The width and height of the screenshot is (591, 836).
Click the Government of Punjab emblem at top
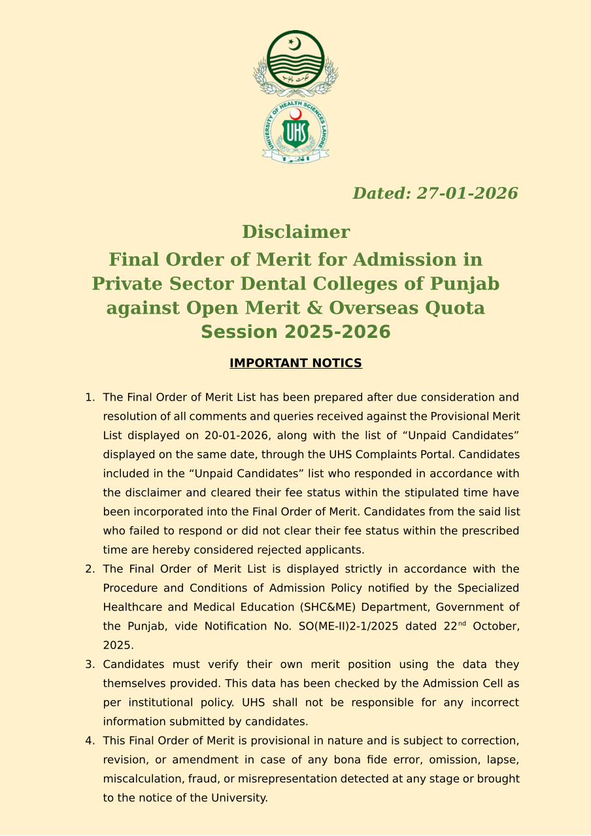click(295, 63)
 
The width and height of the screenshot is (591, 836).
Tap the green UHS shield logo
click(295, 133)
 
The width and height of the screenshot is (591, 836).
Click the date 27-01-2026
click(467, 193)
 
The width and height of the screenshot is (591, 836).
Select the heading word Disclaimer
click(295, 232)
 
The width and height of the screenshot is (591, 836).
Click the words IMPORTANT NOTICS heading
click(295, 363)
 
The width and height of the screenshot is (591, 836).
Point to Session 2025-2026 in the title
click(295, 332)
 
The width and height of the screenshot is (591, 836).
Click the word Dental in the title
click(280, 284)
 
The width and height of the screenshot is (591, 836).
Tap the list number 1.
click(89, 397)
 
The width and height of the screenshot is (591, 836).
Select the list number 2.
click(89, 569)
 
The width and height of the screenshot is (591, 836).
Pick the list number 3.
click(89, 665)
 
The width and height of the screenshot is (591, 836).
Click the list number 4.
click(89, 741)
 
